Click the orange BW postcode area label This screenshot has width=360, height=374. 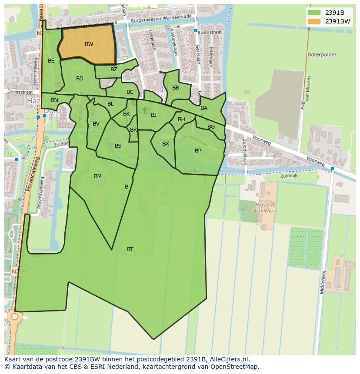89,44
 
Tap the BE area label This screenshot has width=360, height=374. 51,61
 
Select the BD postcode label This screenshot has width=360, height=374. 80,79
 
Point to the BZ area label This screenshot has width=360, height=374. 114,70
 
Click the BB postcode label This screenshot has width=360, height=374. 176,88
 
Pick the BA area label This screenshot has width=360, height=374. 204,108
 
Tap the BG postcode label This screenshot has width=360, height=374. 211,127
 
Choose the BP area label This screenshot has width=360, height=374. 198,151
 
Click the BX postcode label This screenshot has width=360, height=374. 166,144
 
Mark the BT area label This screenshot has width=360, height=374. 130,249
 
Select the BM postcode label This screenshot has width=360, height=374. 98,176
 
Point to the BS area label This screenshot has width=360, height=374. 118,146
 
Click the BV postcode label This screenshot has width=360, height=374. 96,124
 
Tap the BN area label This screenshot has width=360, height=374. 54,100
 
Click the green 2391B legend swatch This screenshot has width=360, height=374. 313,13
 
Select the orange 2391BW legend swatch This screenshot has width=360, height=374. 313,21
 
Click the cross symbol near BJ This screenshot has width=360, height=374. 145,111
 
